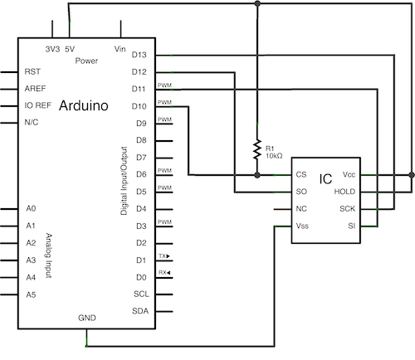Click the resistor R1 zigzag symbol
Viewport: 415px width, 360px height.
tap(258, 148)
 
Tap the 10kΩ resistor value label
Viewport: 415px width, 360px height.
tap(275, 155)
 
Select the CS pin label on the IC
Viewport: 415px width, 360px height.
tap(301, 175)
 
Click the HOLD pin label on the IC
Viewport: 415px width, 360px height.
tap(344, 192)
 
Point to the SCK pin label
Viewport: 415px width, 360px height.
tap(347, 208)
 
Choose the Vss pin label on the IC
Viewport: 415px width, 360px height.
tap(303, 226)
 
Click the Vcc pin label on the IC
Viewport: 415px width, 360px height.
tap(348, 175)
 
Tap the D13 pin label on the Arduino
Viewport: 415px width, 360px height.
tap(139, 55)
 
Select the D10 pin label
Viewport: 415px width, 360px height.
tap(139, 106)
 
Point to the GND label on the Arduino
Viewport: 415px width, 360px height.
tap(87, 318)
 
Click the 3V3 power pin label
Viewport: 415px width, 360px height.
tap(52, 49)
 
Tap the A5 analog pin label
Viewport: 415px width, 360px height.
tap(31, 294)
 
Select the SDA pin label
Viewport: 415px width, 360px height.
tap(140, 311)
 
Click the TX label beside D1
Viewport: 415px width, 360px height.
tap(164, 256)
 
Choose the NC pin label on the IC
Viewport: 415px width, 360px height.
tap(302, 208)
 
